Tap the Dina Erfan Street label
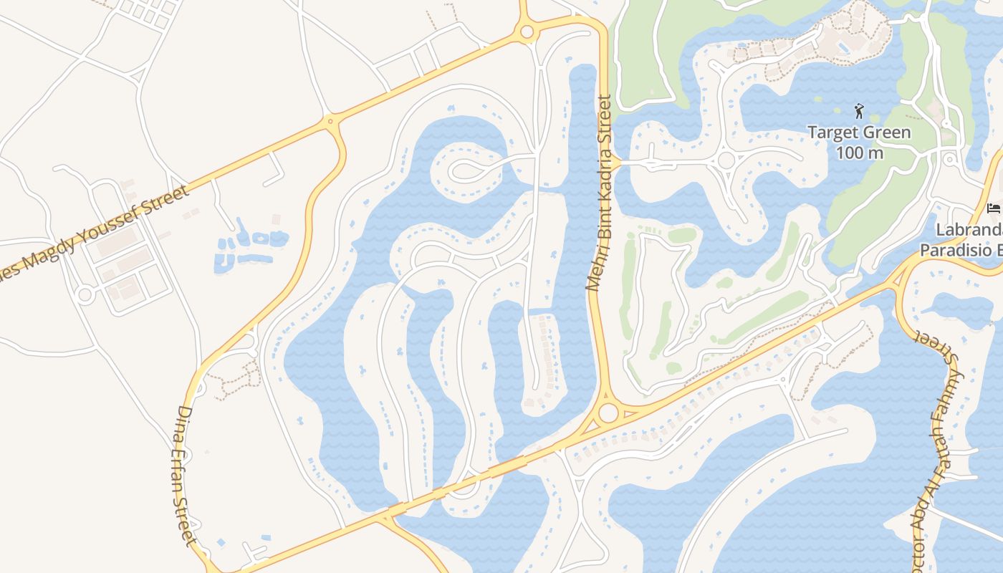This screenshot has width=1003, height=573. click(183, 475)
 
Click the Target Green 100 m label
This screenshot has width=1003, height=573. click(859, 142)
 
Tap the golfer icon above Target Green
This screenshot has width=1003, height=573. click(859, 111)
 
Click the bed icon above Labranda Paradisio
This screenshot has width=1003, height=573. click(993, 208)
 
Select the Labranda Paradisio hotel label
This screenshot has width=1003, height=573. click(964, 240)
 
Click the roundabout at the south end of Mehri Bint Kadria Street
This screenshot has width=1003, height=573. click(608, 413)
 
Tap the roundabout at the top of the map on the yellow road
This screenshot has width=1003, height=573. click(527, 32)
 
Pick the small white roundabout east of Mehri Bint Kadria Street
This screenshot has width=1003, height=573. click(726, 160)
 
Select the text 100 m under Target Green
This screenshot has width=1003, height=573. click(859, 153)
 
